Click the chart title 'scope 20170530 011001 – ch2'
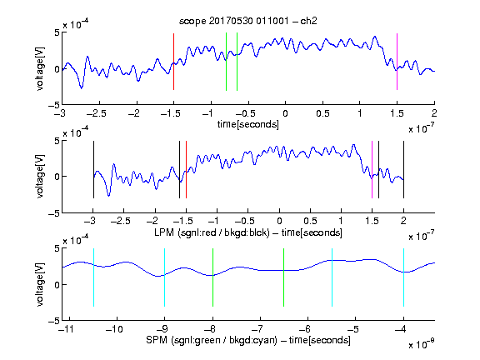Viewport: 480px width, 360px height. point(248,21)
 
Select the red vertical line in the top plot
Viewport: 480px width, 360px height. point(174,62)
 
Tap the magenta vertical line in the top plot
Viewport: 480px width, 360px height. point(397,62)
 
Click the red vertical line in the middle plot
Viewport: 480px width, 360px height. point(186,170)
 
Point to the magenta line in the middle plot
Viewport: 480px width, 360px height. point(372,170)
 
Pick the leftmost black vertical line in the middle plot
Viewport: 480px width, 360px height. point(93,170)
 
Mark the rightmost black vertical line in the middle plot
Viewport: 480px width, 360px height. point(403,170)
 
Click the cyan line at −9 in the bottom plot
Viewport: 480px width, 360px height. point(165,277)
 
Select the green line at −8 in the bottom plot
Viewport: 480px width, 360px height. point(212,277)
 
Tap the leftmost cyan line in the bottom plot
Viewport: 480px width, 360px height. point(93,277)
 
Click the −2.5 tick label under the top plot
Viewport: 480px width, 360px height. point(96,114)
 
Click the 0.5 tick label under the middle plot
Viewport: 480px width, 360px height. point(310,221)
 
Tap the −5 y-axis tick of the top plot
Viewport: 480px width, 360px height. point(54,105)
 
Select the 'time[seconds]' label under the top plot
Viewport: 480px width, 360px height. point(248,124)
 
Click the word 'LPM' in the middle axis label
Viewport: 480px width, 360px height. point(164,232)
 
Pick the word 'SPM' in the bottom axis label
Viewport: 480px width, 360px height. point(157,340)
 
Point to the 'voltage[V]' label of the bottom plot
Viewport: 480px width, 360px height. point(40,285)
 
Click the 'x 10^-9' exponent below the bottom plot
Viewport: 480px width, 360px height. point(422,344)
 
